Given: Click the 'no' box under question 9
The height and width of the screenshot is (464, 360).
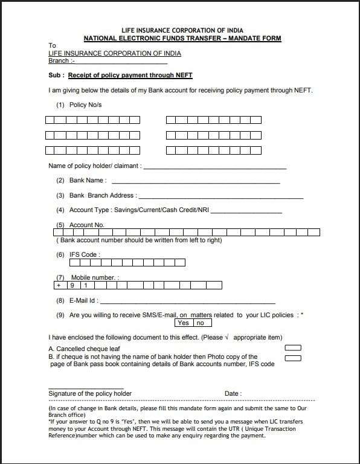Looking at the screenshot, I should (x=199, y=323).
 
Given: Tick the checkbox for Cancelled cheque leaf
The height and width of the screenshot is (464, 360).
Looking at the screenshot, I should (x=292, y=347).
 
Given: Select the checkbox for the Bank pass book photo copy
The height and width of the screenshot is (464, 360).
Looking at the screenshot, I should (x=292, y=358).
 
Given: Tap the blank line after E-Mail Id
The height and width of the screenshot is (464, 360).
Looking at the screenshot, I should (x=187, y=301).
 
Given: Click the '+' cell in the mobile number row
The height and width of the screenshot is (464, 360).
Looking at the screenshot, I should (x=59, y=285).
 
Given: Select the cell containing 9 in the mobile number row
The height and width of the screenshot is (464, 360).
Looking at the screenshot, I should (x=72, y=285).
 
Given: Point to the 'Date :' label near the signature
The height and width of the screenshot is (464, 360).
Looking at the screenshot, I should (x=233, y=393).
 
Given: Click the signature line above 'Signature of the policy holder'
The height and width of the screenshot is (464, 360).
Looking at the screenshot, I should (x=85, y=388).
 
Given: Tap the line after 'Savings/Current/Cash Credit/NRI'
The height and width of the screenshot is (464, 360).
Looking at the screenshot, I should (x=246, y=212).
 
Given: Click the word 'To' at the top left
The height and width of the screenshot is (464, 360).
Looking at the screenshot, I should (x=52, y=46).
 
